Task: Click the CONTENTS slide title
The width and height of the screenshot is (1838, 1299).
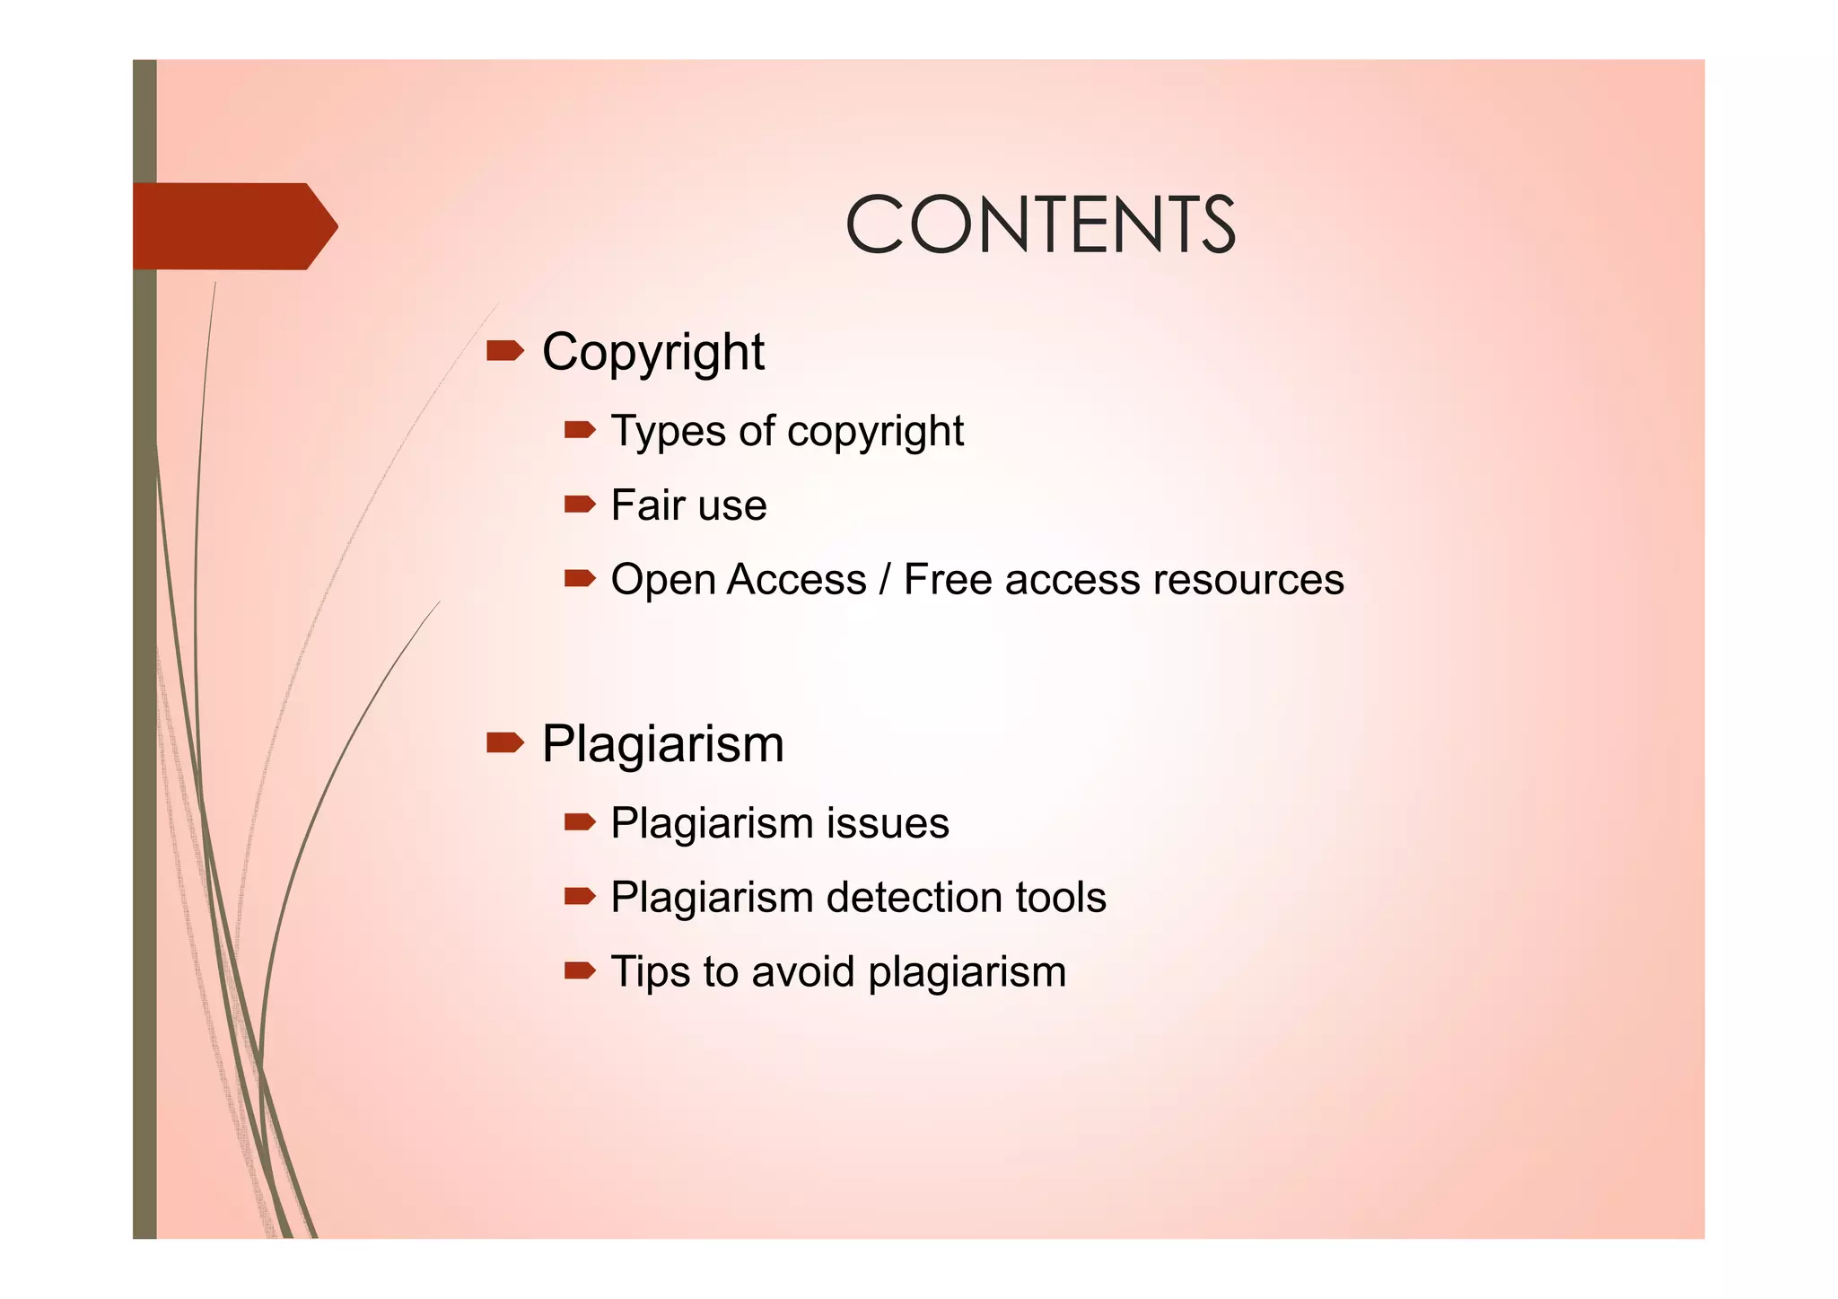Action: pyautogui.click(x=1040, y=224)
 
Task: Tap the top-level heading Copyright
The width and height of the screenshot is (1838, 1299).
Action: pyautogui.click(x=652, y=352)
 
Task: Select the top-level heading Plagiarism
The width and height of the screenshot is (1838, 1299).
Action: pyautogui.click(x=662, y=744)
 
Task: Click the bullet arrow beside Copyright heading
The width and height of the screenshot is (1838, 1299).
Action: pyautogui.click(x=504, y=350)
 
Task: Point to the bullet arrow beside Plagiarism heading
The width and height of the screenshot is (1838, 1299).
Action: pyautogui.click(x=504, y=742)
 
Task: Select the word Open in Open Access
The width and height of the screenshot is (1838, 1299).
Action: pyautogui.click(x=663, y=581)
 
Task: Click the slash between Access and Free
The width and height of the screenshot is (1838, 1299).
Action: pyautogui.click(x=885, y=579)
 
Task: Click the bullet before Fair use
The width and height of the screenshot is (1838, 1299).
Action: pyautogui.click(x=580, y=505)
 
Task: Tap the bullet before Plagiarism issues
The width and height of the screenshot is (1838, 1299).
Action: pyautogui.click(x=580, y=821)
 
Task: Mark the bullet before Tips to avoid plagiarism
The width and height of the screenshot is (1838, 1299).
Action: pyautogui.click(x=580, y=970)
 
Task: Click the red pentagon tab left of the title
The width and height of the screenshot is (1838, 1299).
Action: pyautogui.click(x=233, y=226)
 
